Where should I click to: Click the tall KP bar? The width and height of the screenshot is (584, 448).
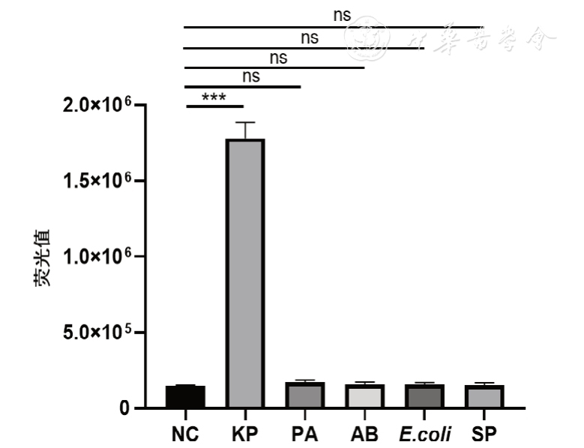(245, 273)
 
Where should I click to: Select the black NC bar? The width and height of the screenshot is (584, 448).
(185, 396)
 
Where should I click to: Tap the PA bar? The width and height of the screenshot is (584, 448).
(304, 395)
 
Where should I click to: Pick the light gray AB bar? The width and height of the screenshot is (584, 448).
(364, 396)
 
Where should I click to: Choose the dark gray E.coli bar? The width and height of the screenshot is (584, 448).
(424, 396)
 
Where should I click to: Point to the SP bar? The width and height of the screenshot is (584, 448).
(484, 396)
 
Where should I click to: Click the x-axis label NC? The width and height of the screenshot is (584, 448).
(185, 434)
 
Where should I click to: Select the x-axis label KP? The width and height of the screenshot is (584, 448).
(245, 434)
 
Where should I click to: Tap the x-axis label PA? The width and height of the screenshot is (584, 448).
(304, 434)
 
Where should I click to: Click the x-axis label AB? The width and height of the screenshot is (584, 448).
(364, 434)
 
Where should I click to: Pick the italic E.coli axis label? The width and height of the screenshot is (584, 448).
(424, 434)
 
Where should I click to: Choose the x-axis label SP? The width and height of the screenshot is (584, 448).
(484, 434)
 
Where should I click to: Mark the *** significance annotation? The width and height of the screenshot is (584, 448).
(213, 97)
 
